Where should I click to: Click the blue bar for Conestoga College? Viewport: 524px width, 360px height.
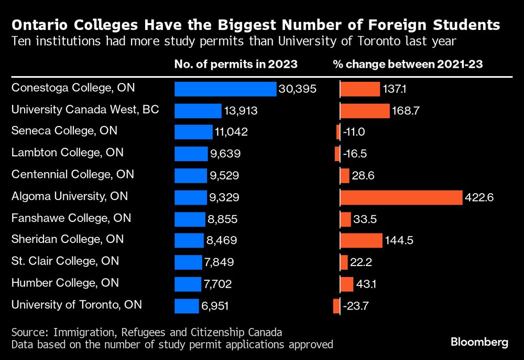(x=225, y=89)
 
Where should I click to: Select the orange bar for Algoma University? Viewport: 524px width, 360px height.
(x=401, y=197)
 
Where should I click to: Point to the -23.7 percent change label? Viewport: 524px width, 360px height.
(x=356, y=306)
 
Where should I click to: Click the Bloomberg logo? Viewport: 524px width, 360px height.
(x=479, y=342)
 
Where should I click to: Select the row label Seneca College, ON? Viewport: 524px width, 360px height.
(x=64, y=131)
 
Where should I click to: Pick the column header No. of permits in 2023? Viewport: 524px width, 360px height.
(x=236, y=65)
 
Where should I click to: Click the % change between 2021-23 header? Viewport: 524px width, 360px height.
(x=408, y=65)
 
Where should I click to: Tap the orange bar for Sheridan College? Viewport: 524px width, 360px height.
(x=361, y=240)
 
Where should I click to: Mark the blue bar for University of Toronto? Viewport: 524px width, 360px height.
(x=187, y=306)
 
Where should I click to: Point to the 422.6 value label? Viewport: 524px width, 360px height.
(x=479, y=197)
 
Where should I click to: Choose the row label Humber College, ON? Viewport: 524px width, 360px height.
(x=65, y=283)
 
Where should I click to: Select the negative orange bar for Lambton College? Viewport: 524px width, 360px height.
(x=337, y=154)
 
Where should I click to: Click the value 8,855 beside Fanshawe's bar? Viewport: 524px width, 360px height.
(x=223, y=219)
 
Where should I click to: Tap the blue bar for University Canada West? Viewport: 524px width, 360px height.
(x=198, y=111)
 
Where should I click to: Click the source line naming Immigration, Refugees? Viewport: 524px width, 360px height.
(x=147, y=332)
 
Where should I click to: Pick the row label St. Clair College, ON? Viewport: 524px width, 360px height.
(x=65, y=261)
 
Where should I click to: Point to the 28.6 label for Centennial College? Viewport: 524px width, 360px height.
(x=363, y=176)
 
